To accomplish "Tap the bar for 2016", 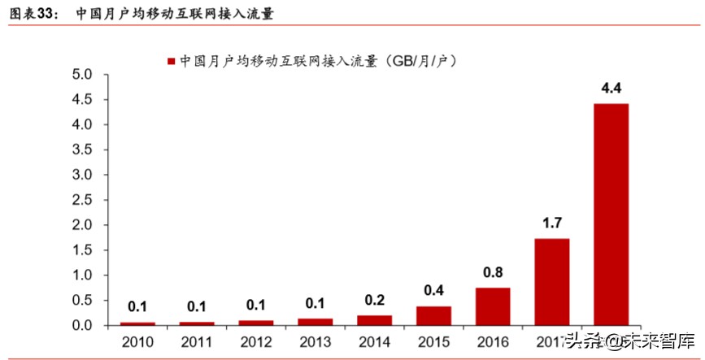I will (x=492, y=306).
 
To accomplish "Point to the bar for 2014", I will (x=374, y=320).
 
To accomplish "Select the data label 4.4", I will (x=611, y=88).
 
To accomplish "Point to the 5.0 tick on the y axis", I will (x=84, y=75).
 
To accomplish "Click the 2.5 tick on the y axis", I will (x=84, y=200).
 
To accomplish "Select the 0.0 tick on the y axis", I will (x=84, y=326).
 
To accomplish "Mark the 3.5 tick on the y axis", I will (x=84, y=150).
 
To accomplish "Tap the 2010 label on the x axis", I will (x=137, y=341).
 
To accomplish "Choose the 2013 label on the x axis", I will (x=315, y=341).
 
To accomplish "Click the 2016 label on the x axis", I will (x=492, y=341).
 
